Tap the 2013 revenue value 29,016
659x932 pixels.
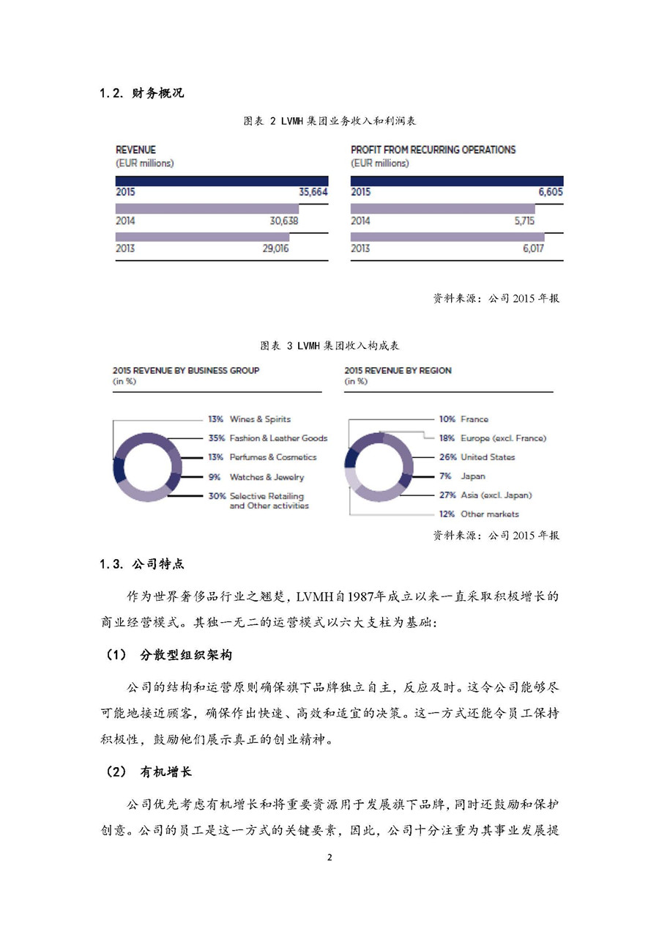tap(275, 249)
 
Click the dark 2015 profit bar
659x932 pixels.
tap(457, 180)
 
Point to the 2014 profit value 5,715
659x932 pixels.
tap(524, 221)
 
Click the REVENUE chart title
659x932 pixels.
tap(136, 149)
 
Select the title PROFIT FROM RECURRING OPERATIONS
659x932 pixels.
tap(433, 149)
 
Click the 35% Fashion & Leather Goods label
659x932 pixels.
tap(268, 438)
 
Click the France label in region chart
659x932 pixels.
tap(474, 419)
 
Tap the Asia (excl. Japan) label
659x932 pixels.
tap(496, 495)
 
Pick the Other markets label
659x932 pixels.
tap(489, 514)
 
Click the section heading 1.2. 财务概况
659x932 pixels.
tap(142, 93)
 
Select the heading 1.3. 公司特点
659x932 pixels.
tap(142, 564)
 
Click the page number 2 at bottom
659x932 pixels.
tap(329, 858)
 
